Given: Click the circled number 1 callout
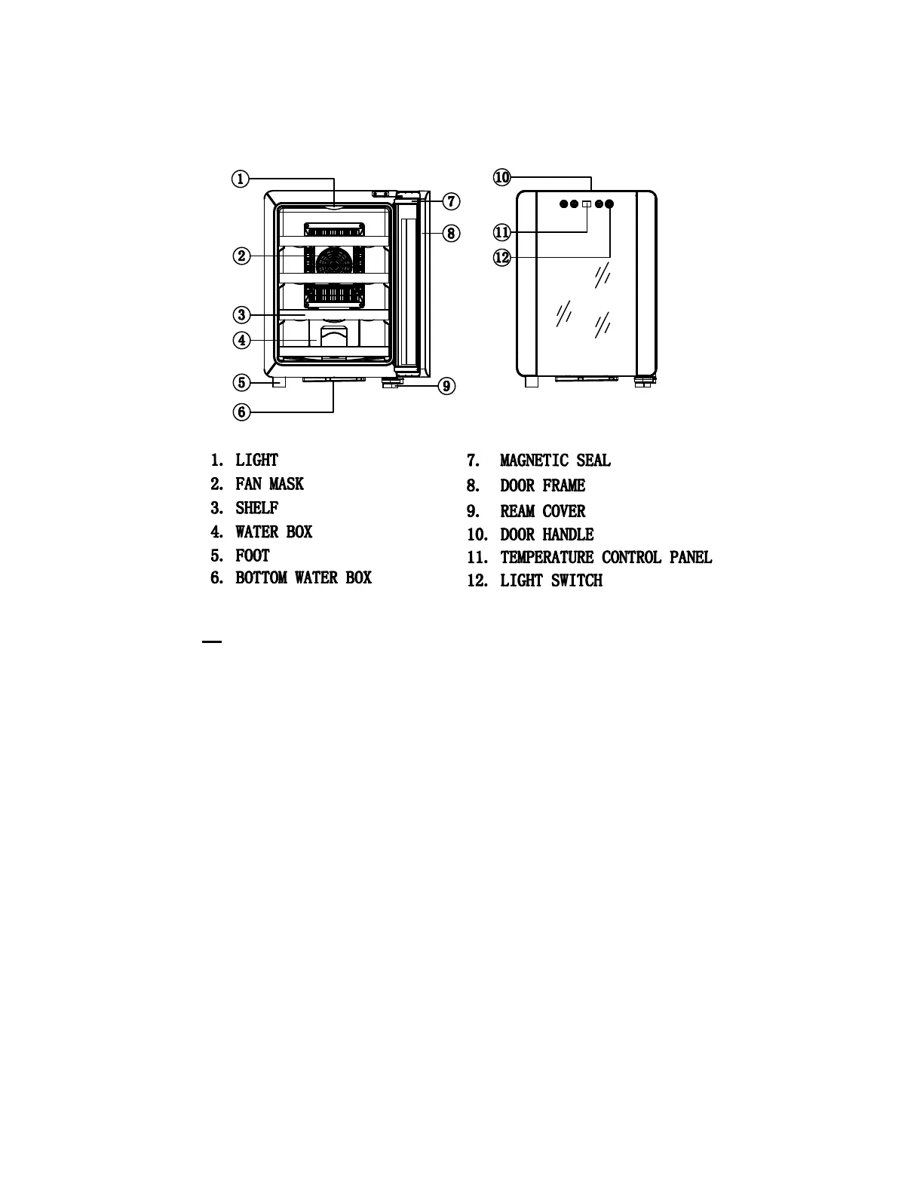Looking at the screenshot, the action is pyautogui.click(x=239, y=179).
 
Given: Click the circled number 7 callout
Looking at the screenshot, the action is pyautogui.click(x=450, y=201).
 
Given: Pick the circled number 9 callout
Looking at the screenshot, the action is pyautogui.click(x=446, y=387).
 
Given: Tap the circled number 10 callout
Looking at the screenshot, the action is pyautogui.click(x=502, y=178).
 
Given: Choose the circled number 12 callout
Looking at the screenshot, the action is pyautogui.click(x=502, y=258).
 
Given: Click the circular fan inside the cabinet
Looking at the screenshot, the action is pyautogui.click(x=334, y=261).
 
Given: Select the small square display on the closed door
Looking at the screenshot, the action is pyautogui.click(x=587, y=204).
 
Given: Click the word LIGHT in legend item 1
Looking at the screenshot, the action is pyautogui.click(x=256, y=460).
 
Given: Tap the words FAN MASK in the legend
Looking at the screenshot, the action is pyautogui.click(x=269, y=484).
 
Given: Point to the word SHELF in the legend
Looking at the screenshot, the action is pyautogui.click(x=256, y=508).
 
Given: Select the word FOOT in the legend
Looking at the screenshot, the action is pyautogui.click(x=252, y=556).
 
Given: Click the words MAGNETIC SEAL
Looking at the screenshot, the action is pyautogui.click(x=555, y=461).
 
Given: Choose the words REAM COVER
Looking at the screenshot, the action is pyautogui.click(x=542, y=511).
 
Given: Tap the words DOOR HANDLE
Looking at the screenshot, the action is pyautogui.click(x=547, y=534).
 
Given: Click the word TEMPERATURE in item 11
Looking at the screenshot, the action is pyautogui.click(x=546, y=557).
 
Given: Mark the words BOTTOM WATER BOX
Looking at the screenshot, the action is pyautogui.click(x=303, y=578).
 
